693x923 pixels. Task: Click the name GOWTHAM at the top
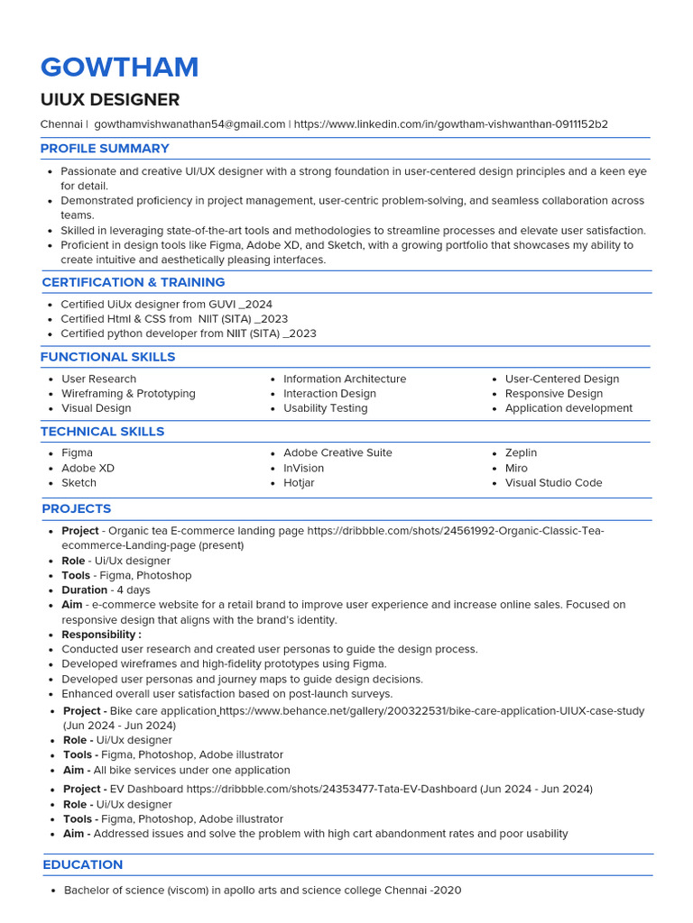[119, 68]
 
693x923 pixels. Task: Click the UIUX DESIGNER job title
[110, 100]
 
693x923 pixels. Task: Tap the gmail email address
[189, 123]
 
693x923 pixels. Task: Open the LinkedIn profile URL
[450, 123]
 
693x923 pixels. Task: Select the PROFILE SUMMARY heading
[105, 149]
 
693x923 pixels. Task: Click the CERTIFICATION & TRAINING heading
[134, 282]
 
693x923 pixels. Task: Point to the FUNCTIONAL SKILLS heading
[107, 357]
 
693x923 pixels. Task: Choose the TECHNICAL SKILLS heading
[102, 432]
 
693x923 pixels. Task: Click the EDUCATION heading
[83, 864]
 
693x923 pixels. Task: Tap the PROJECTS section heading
[77, 509]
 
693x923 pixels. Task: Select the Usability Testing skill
[325, 408]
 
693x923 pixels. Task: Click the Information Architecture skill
[344, 379]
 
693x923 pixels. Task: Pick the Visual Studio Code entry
[553, 483]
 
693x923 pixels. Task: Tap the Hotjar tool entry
[299, 483]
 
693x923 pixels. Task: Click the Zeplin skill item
[521, 453]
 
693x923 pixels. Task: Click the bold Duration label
[84, 590]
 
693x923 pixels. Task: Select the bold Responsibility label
[101, 635]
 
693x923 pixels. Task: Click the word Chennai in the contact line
[60, 123]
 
